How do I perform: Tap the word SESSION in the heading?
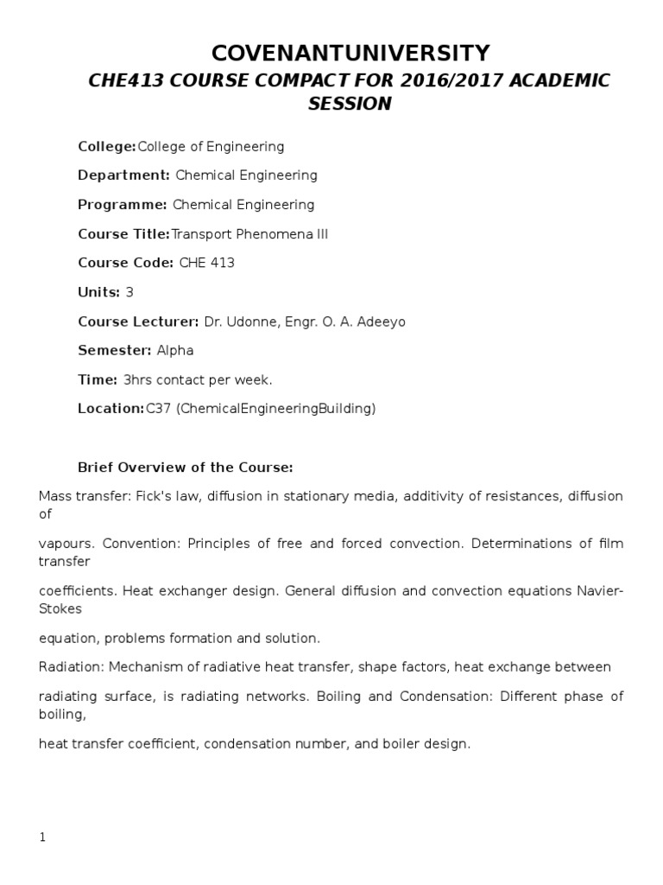click(350, 104)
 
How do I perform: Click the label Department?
click(124, 175)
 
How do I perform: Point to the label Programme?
click(123, 205)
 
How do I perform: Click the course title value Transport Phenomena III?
click(250, 234)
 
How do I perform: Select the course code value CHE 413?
click(206, 263)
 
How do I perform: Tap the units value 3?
click(129, 292)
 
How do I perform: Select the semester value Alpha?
click(175, 350)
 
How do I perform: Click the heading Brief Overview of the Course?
click(186, 468)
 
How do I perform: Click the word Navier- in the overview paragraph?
click(602, 591)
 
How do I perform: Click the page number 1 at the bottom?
click(41, 837)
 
